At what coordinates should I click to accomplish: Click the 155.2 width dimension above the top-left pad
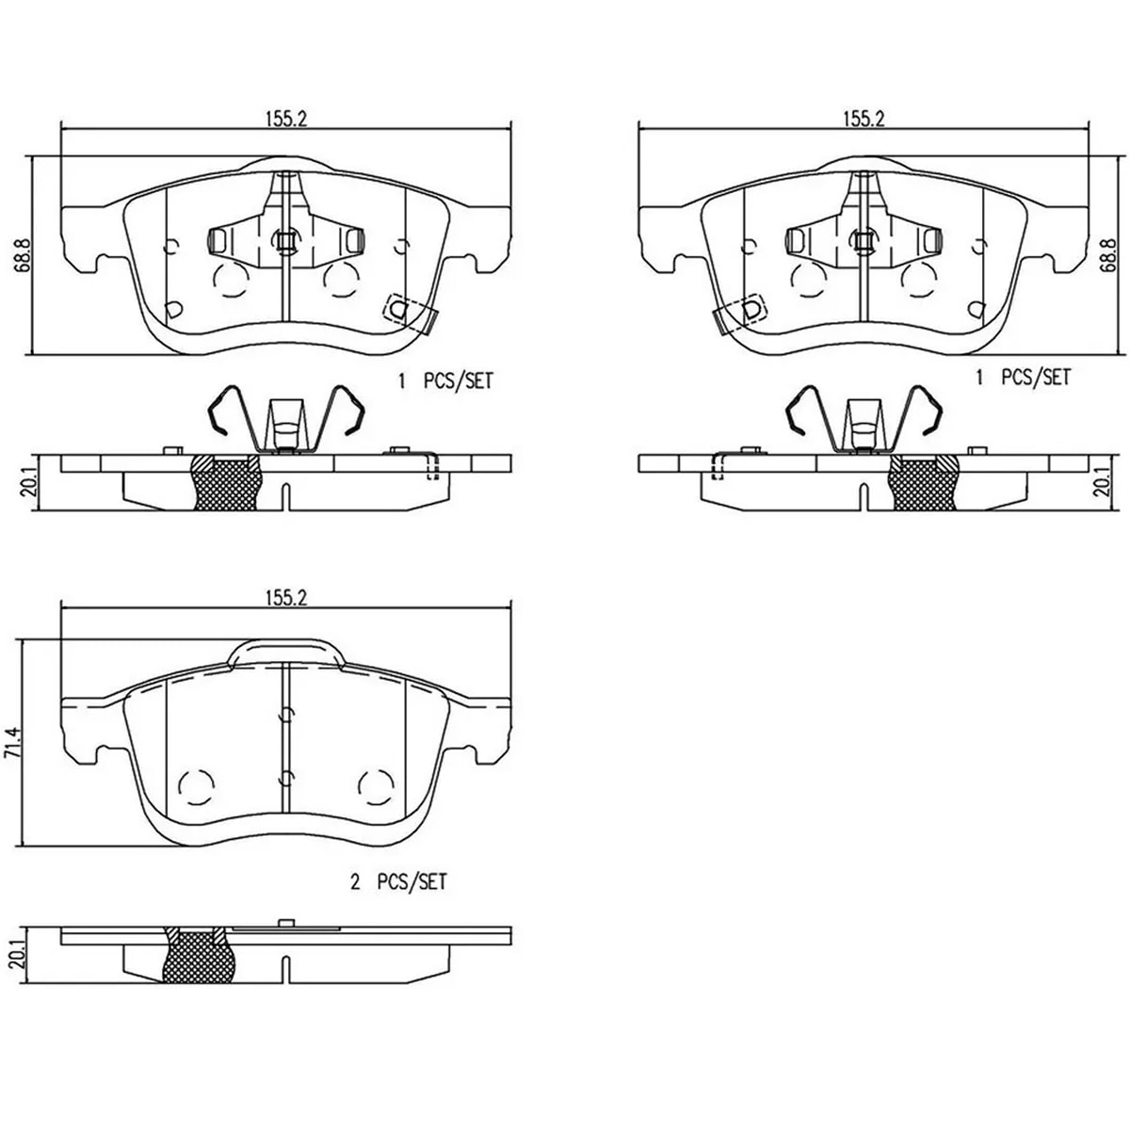(x=286, y=119)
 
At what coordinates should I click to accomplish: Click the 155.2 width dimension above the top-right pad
(x=864, y=119)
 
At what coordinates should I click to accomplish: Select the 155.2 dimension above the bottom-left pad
(x=286, y=598)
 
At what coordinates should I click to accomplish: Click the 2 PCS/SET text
(x=398, y=898)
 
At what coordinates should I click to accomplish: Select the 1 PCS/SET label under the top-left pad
(x=445, y=381)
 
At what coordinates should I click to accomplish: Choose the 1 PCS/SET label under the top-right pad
(x=1023, y=377)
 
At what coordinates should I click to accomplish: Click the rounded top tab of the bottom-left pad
(x=285, y=654)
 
